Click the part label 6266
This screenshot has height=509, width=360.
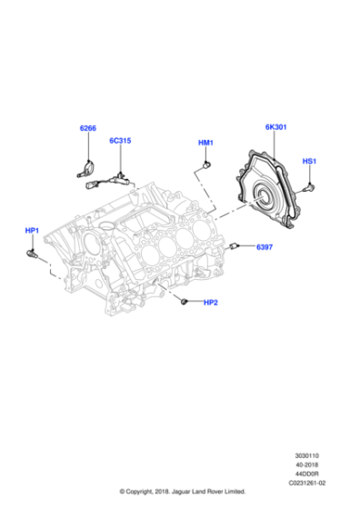pos(87,129)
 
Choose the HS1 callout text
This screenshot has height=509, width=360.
pos(309,161)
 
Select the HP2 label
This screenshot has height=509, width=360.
pos(210,303)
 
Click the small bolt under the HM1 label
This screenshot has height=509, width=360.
pos(207,164)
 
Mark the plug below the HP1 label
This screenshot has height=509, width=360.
pos(33,256)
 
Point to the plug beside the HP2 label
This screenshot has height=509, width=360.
pos(184,300)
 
